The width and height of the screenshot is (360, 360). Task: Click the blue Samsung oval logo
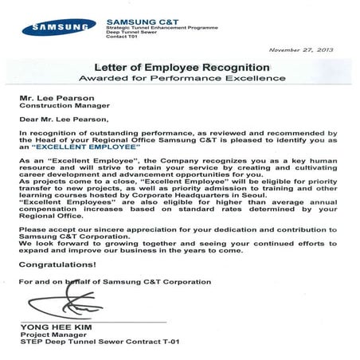[54, 28]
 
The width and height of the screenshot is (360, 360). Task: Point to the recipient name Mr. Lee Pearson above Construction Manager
[53, 100]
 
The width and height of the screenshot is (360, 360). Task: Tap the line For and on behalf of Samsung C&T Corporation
[115, 282]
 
